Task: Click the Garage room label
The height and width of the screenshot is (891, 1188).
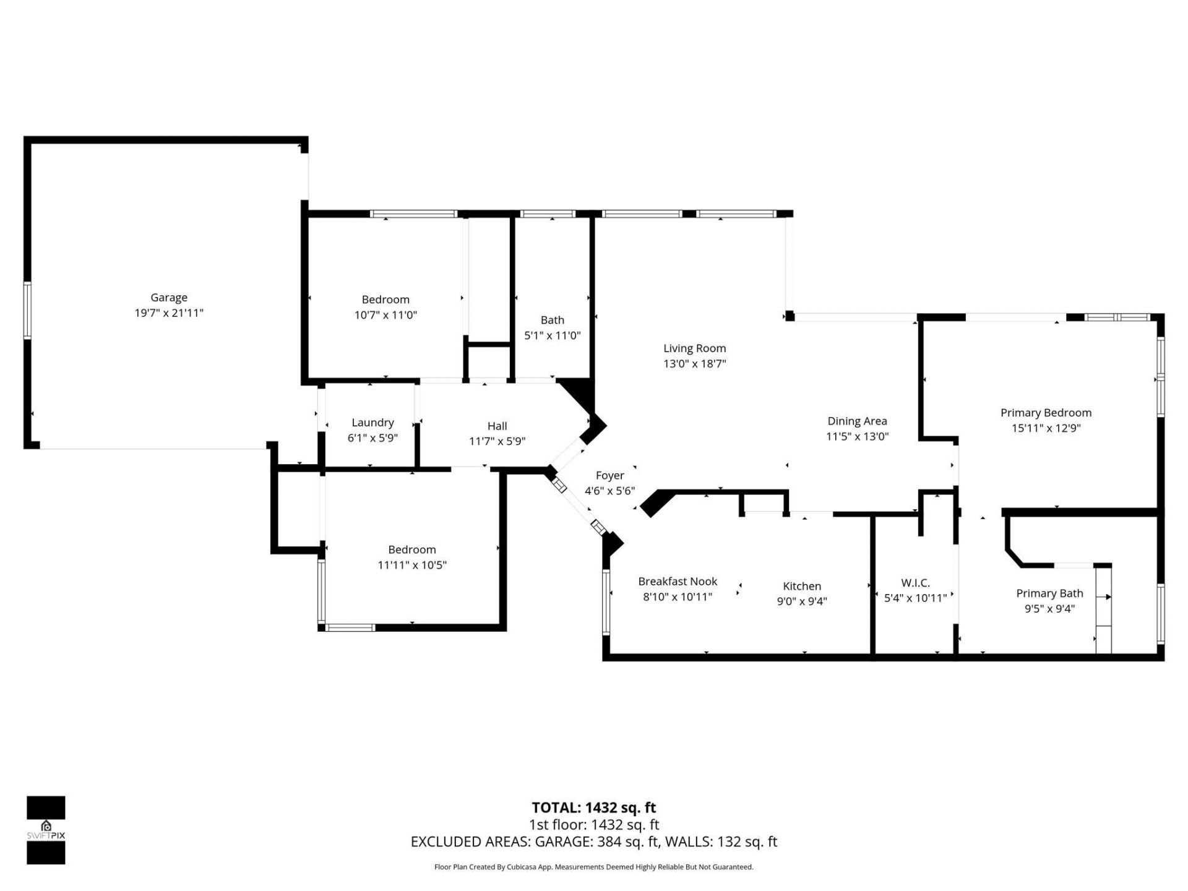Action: click(x=169, y=298)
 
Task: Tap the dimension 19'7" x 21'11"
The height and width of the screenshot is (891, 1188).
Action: click(x=169, y=313)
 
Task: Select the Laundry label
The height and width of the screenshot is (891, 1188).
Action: click(x=372, y=423)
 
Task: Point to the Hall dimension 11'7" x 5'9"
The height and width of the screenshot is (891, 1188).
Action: click(x=497, y=441)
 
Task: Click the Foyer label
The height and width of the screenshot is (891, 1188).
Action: click(x=609, y=475)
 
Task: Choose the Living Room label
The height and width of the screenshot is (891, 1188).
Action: click(x=694, y=348)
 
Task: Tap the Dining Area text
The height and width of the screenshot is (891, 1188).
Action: click(x=857, y=421)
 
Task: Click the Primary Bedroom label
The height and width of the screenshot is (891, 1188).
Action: click(x=1046, y=413)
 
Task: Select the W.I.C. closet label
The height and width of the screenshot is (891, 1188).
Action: click(x=915, y=583)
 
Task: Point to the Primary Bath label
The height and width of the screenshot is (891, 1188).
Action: click(x=1049, y=593)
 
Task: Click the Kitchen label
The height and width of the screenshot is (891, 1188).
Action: click(x=802, y=586)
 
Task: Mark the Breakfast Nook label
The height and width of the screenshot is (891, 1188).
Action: click(x=678, y=582)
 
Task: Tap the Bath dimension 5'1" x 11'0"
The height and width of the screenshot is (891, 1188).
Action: click(x=552, y=335)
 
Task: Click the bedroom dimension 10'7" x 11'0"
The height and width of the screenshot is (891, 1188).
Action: click(x=385, y=315)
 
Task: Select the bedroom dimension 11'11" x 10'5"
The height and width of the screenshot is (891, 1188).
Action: click(x=412, y=565)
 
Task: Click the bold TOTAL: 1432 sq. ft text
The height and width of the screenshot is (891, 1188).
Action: click(x=593, y=807)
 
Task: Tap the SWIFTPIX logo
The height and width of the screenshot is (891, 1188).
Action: click(x=46, y=830)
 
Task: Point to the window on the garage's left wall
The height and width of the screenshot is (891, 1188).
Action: click(x=27, y=310)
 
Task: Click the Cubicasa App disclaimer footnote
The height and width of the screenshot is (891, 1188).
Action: click(x=593, y=867)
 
